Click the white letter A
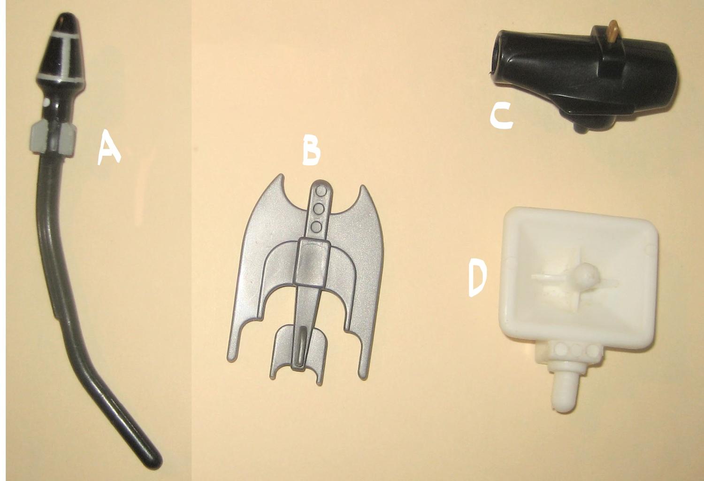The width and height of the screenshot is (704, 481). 108,148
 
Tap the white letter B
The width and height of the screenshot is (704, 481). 311,150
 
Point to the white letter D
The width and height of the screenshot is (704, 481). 477,279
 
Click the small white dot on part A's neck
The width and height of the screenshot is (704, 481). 46,102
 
